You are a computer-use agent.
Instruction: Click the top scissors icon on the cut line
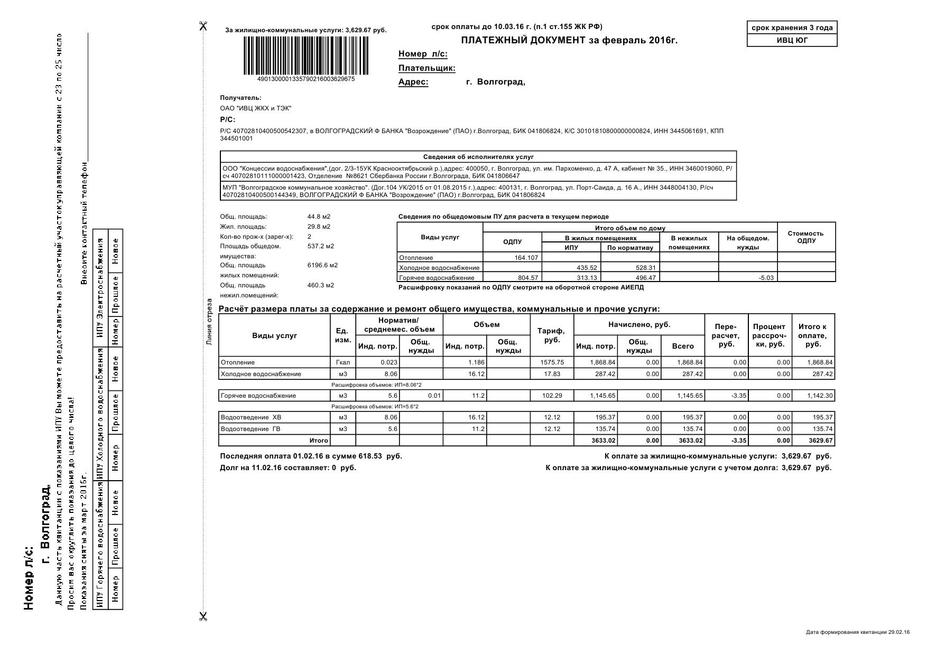pyautogui.click(x=203, y=26)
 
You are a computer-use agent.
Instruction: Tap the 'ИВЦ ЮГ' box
pyautogui.click(x=792, y=40)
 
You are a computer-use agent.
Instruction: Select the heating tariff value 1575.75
pyautogui.click(x=552, y=362)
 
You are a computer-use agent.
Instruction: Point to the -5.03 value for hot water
pyautogui.click(x=766, y=278)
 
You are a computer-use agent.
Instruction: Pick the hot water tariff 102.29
pyautogui.click(x=552, y=396)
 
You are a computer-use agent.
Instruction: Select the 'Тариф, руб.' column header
pyautogui.click(x=551, y=335)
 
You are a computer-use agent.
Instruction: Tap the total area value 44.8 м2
pyautogui.click(x=319, y=217)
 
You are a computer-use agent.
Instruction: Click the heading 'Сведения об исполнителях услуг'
pyautogui.click(x=478, y=157)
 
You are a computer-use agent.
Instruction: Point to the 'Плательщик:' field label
pyautogui.click(x=427, y=68)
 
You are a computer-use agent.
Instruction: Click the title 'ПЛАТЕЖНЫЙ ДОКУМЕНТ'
pyautogui.click(x=523, y=41)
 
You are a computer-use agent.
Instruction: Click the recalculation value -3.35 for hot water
pyautogui.click(x=738, y=396)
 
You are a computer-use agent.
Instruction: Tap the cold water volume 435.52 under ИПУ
pyautogui.click(x=587, y=268)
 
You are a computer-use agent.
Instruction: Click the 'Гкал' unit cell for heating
pyautogui.click(x=343, y=362)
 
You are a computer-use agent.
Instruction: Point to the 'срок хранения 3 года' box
pyautogui.click(x=792, y=27)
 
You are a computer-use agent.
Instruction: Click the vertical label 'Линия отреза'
pyautogui.click(x=209, y=322)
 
